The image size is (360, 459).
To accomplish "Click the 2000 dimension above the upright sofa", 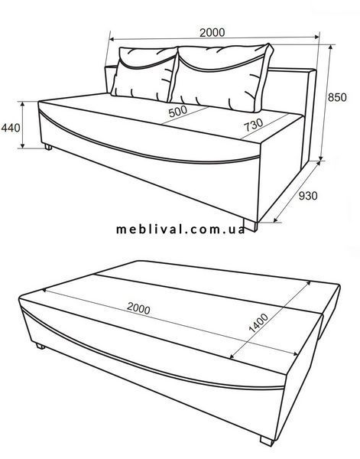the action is coord(212,32).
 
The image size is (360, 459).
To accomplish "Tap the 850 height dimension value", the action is coord(337,97).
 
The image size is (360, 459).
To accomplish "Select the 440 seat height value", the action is coord(11,128).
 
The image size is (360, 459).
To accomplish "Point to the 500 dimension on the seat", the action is coord(178,111).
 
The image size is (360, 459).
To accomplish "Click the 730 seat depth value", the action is coord(254,125).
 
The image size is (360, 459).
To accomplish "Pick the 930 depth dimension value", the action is coord(308,196).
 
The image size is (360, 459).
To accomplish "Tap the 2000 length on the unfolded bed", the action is coord(138,308).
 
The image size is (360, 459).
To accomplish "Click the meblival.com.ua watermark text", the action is coord(180,229).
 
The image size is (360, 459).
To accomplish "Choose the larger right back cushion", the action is coord(222,77).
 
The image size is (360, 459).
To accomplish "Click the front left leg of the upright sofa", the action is coord(48,147).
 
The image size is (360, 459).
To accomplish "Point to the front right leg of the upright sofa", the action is coord(251,225).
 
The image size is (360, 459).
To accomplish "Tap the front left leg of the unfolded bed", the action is coord(41,346).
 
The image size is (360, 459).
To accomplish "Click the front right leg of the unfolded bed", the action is coord(267,441).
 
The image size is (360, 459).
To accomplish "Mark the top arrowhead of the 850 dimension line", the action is coord(331,47).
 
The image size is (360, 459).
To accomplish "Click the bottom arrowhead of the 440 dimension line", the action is coord(22,145).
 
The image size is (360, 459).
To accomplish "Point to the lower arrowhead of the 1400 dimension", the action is coord(232,356).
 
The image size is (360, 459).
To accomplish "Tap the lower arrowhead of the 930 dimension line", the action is coord(275,220).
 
